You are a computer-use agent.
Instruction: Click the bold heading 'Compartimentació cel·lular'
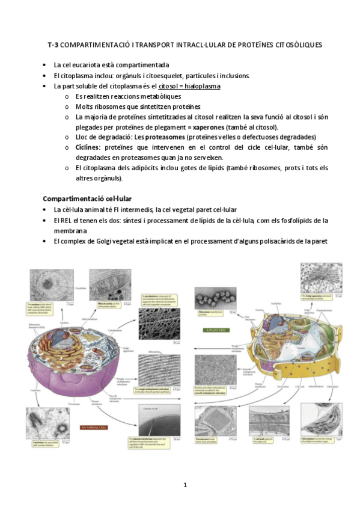(87, 198)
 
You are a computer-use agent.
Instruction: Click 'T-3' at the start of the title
(53, 45)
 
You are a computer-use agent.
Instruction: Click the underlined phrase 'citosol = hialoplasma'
(189, 86)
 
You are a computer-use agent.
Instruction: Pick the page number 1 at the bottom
(186, 485)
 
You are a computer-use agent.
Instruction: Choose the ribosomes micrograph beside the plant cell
(212, 300)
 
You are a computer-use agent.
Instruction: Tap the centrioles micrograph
(47, 425)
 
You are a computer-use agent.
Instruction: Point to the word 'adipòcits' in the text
(162, 168)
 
